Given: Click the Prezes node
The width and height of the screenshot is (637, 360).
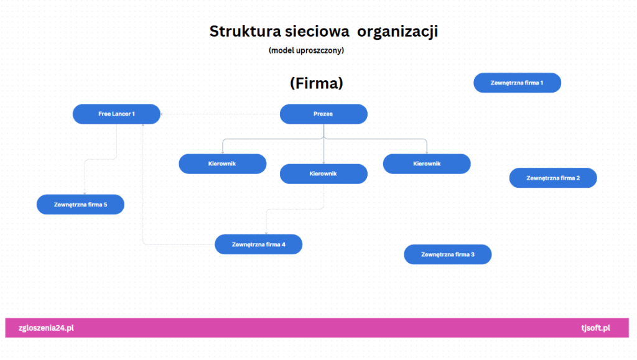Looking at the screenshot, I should coord(323,114).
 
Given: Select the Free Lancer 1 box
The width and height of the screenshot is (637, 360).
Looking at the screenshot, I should coord(116,114).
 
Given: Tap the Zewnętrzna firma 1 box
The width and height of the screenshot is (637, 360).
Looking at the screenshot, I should coord(517,83).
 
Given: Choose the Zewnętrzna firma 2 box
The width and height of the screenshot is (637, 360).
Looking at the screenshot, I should coord(553,178).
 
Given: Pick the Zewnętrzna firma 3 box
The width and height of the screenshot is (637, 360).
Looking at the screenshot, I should coord(447,254).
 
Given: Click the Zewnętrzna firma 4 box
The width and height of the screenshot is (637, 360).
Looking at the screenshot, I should coord(258,244).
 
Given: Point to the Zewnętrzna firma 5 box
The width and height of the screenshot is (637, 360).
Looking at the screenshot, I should coord(80,205).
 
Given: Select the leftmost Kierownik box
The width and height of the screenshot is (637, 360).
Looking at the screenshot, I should coord(222,164).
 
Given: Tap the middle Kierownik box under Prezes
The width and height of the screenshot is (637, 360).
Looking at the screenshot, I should coord(323,173).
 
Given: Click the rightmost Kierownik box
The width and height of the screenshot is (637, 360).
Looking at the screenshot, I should coord(427,164).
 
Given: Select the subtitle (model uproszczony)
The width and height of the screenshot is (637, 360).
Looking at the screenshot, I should coord(306,50).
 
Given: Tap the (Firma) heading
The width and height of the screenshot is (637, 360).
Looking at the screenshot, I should coord(317,83).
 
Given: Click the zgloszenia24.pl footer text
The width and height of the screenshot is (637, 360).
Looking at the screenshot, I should coord(47,328).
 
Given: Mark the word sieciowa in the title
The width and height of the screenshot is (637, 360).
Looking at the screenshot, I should coord(313,31).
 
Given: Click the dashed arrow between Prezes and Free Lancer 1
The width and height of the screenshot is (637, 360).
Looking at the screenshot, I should coord(218,114).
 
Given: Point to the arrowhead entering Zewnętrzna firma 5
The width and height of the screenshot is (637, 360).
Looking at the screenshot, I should coord(85,193).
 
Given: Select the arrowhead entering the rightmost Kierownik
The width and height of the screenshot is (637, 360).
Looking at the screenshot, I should coord(427,152).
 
